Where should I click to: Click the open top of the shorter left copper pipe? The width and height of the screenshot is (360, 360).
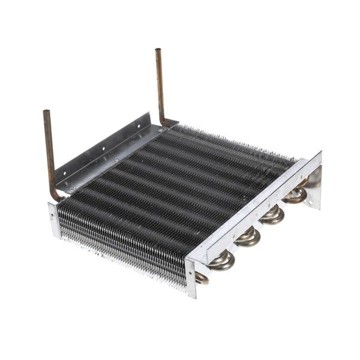(46, 112)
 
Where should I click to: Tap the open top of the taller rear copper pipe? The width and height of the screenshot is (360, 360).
(158, 50)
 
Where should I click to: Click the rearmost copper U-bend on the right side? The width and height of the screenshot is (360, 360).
(295, 194)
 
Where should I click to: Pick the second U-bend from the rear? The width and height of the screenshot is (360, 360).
(272, 214)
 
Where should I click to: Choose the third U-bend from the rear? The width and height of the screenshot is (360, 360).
(248, 236)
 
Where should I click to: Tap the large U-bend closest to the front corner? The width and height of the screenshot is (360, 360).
(221, 261)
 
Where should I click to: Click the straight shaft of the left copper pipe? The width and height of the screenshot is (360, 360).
(49, 150)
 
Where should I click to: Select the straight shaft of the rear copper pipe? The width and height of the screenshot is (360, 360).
(160, 84)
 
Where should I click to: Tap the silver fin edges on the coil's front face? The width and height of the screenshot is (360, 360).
(120, 252)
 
